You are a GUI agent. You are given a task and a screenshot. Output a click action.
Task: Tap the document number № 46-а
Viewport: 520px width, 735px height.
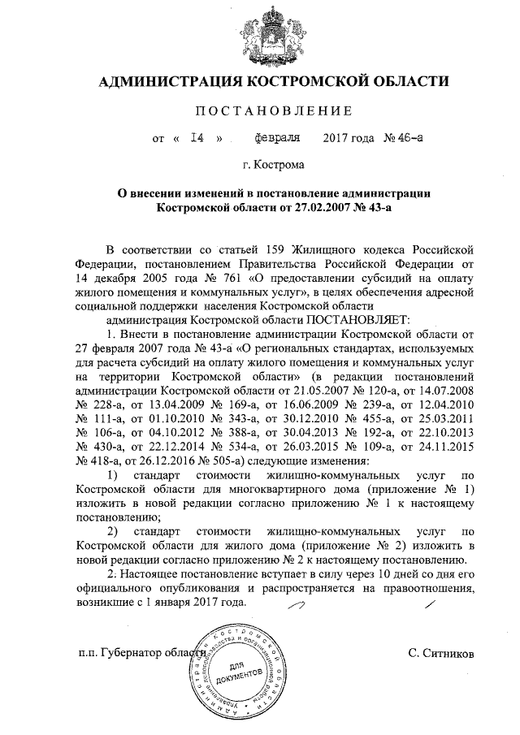(403, 138)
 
